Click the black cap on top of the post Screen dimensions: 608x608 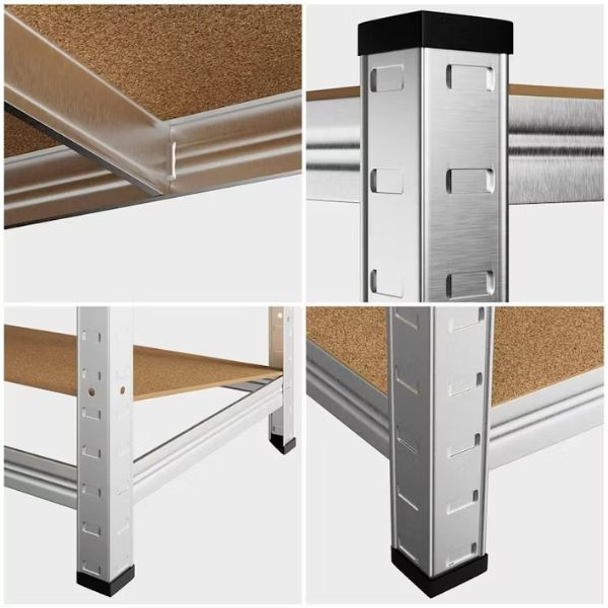point(435,33)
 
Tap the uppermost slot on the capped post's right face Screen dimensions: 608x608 point(470,78)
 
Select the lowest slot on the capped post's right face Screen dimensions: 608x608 point(470,283)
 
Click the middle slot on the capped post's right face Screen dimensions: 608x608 point(470,180)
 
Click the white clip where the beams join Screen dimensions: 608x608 point(172,161)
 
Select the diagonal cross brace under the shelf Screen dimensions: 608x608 point(85,124)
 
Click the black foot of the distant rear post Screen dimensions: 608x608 point(282,444)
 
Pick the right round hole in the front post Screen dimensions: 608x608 point(122,389)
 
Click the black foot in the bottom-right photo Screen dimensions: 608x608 point(439,573)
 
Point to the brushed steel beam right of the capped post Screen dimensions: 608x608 point(555,149)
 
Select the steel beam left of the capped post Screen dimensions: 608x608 point(332,149)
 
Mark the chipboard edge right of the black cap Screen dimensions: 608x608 point(556,91)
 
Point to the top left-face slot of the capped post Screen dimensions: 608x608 point(388,78)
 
